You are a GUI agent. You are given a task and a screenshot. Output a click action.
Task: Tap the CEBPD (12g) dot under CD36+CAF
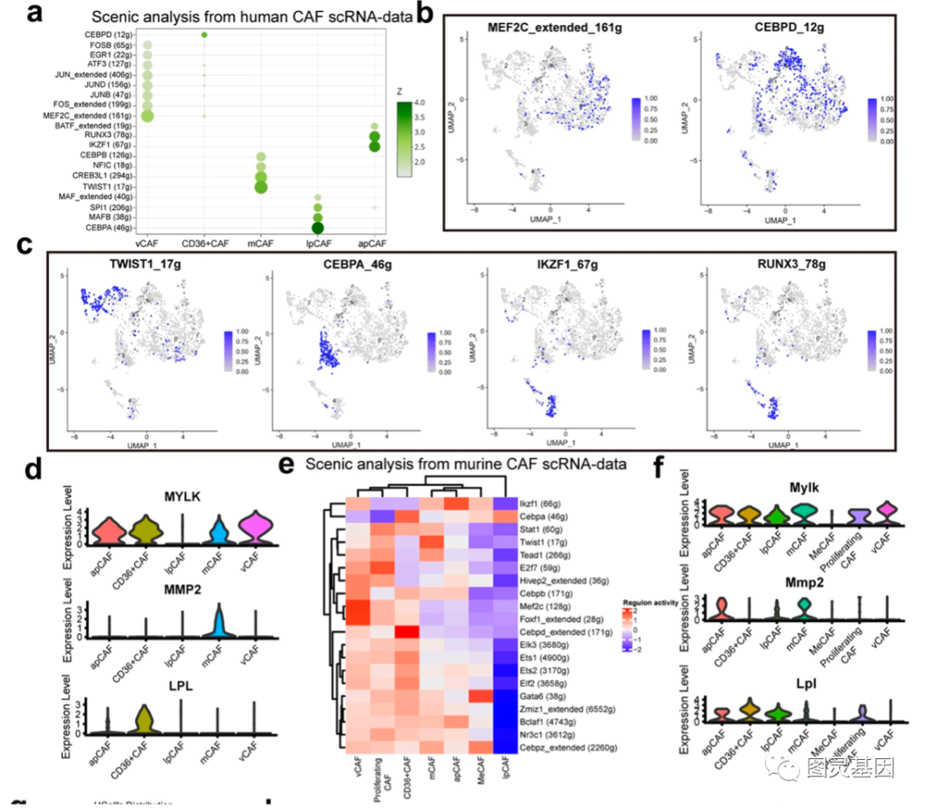tap(204, 34)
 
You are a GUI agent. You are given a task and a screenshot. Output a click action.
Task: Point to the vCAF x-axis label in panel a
tap(146, 243)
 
